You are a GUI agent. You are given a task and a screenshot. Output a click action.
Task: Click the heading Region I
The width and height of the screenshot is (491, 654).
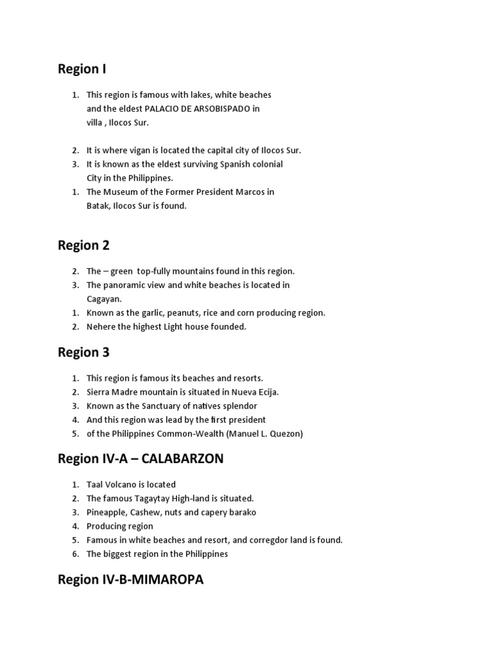(x=82, y=69)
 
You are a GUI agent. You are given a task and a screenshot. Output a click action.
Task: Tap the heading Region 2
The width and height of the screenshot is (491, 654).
(x=84, y=245)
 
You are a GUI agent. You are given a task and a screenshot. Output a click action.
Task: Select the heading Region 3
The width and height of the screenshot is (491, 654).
(x=84, y=352)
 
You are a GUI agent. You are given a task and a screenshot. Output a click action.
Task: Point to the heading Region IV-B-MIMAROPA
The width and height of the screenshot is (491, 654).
(x=130, y=580)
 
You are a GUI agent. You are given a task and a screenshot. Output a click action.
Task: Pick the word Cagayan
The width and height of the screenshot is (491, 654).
(x=104, y=298)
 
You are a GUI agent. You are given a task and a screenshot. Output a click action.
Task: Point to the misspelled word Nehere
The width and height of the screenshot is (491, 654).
(x=101, y=326)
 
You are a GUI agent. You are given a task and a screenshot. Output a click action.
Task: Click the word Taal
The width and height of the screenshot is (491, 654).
(x=95, y=484)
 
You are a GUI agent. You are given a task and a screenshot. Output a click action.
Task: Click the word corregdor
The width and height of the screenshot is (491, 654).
(x=258, y=540)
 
